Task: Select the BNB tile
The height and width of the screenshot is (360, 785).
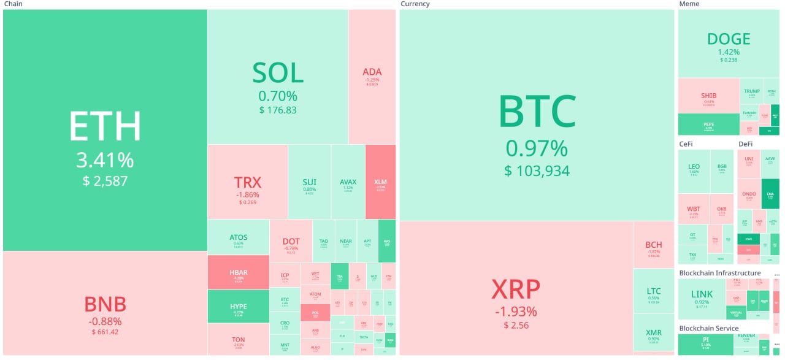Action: coord(105,304)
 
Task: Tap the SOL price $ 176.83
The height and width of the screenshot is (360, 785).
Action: coord(278,110)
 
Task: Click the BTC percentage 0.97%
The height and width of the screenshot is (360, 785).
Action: coord(537,149)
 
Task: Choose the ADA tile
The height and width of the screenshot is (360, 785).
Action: coord(372,77)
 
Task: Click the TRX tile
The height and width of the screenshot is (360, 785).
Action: coord(248,182)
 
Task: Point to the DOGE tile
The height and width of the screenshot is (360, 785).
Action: coord(729,43)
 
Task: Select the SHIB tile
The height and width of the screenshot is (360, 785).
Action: coord(708,96)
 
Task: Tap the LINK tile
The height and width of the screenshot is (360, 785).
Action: coord(702,298)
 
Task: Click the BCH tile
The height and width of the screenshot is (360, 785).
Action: coord(654,245)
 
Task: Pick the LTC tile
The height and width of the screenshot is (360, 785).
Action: coord(654,291)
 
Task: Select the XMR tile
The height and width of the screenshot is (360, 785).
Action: coord(654,333)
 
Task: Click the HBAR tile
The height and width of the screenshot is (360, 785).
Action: coord(239,272)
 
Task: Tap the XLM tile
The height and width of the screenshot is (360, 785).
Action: coord(380,182)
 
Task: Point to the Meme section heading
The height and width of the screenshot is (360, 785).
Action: coord(689,4)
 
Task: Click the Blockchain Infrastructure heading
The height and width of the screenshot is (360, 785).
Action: coord(719,273)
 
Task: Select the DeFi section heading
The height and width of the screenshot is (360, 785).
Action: coord(745,144)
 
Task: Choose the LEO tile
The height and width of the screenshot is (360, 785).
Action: coord(694,170)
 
